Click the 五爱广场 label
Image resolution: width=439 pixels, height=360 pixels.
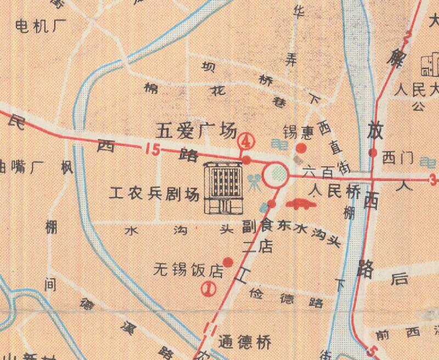[x=196, y=131]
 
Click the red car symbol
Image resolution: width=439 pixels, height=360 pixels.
[x=300, y=204]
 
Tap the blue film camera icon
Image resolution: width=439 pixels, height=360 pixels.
[x=253, y=182]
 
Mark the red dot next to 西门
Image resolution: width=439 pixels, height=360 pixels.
[x=373, y=153]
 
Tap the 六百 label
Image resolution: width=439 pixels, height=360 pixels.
[x=318, y=172]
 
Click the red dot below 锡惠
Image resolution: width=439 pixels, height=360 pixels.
[x=301, y=148]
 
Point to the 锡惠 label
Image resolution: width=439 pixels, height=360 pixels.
[x=297, y=132]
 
